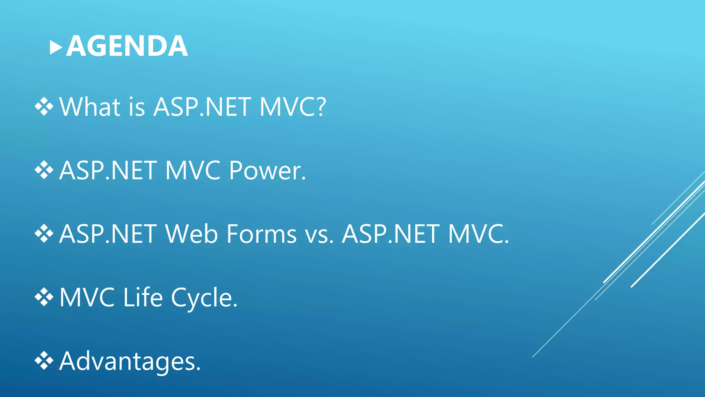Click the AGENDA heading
(x=127, y=46)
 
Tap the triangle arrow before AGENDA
(x=56, y=48)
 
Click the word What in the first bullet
(x=90, y=107)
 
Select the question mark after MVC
(x=321, y=107)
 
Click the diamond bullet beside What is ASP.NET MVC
(x=44, y=106)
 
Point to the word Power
(x=267, y=170)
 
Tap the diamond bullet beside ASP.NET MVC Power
(x=44, y=170)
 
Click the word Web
(x=191, y=234)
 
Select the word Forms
(x=262, y=234)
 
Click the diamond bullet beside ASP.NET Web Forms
(x=44, y=234)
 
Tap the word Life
(x=143, y=297)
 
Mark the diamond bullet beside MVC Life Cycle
(x=44, y=297)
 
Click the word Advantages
(x=129, y=361)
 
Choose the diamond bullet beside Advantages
(x=44, y=361)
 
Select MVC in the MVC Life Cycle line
(x=87, y=297)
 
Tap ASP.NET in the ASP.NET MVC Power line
(x=108, y=170)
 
